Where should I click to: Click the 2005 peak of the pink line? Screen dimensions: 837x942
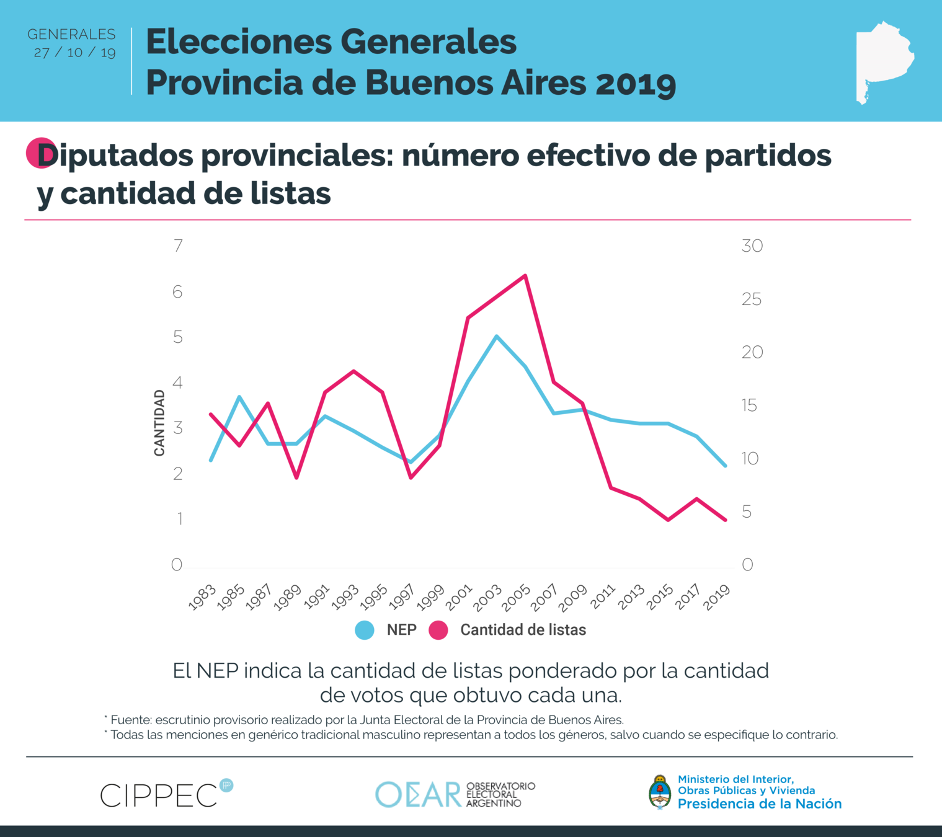[525, 275]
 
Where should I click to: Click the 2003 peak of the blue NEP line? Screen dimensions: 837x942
[497, 336]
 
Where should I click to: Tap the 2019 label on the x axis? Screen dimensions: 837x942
[718, 597]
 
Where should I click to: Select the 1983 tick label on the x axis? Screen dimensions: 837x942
[202, 597]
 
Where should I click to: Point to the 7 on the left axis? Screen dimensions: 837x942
[179, 246]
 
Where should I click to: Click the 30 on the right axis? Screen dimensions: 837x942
[752, 246]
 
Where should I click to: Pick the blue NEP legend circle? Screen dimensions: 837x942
[365, 630]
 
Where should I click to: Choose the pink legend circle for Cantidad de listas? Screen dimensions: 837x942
[438, 630]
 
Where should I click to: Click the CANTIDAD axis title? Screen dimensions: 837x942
[159, 423]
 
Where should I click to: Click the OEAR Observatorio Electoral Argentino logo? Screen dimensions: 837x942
[455, 794]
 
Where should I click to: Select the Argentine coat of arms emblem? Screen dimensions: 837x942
[660, 792]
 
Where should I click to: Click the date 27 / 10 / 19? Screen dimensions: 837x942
[75, 53]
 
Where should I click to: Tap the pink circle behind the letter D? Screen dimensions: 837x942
[38, 153]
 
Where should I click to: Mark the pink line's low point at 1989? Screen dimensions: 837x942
[296, 477]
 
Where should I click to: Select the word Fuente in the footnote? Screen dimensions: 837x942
[131, 720]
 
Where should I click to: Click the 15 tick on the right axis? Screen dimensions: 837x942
[749, 405]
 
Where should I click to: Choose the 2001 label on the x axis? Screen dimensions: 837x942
[459, 597]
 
